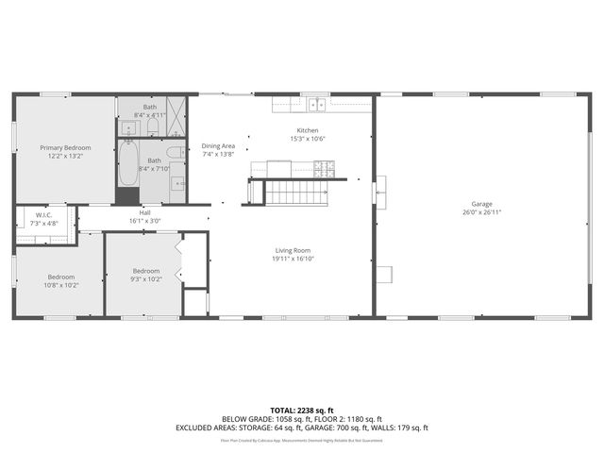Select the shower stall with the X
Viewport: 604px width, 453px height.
click(176, 106)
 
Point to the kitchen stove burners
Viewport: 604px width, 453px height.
click(324, 170)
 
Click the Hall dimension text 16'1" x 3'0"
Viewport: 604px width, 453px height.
click(144, 221)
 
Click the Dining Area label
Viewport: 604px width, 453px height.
click(217, 145)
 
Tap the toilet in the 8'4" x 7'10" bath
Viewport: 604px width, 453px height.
click(175, 152)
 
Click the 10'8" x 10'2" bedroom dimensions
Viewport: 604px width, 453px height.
click(61, 285)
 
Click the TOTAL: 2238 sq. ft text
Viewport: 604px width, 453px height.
click(301, 411)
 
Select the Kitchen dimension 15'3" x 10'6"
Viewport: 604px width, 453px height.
click(308, 139)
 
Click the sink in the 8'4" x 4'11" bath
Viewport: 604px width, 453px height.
click(127, 126)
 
